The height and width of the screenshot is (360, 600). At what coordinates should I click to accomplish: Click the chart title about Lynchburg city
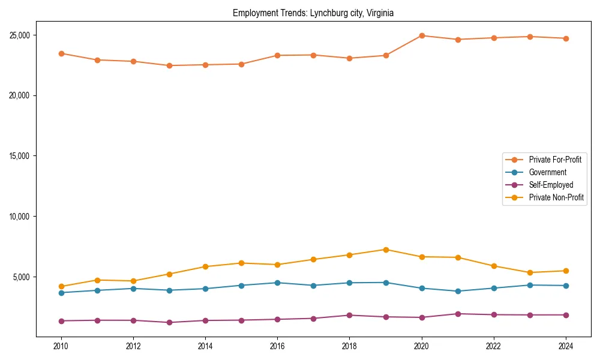click(x=313, y=13)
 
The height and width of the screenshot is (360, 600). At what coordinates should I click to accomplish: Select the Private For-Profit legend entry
click(x=554, y=160)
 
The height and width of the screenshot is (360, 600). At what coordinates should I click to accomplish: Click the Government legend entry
click(x=547, y=172)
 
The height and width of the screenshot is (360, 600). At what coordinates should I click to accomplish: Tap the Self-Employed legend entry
click(x=551, y=185)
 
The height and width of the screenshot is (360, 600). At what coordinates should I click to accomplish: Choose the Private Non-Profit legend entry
click(x=556, y=197)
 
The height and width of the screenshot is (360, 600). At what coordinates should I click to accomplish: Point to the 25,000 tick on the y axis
click(x=22, y=35)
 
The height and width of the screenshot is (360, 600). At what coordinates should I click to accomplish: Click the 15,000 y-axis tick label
click(x=22, y=156)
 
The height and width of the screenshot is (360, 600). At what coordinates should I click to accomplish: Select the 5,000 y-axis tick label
click(x=23, y=277)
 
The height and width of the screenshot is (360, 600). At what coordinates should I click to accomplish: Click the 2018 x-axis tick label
click(x=350, y=346)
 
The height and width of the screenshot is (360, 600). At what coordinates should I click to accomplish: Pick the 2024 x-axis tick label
click(x=566, y=346)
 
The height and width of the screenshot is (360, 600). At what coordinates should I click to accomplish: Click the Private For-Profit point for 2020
click(x=422, y=35)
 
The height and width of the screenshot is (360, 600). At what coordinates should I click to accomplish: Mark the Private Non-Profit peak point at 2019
click(x=386, y=250)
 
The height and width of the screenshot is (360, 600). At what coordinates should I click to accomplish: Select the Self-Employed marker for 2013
click(x=169, y=322)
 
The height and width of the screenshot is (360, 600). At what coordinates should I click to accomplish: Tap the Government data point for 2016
click(x=277, y=283)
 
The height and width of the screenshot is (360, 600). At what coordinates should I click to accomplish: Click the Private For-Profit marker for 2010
click(x=61, y=53)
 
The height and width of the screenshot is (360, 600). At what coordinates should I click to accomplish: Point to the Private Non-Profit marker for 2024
click(x=566, y=271)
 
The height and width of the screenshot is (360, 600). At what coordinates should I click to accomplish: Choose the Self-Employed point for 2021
click(x=458, y=314)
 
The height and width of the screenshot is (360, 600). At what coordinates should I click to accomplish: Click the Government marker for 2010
click(x=61, y=293)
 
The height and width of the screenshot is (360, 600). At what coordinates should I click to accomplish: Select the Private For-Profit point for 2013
click(x=169, y=65)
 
